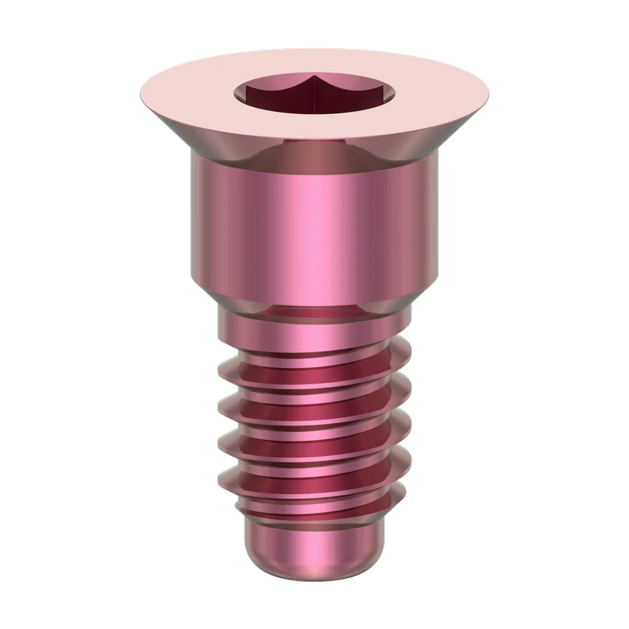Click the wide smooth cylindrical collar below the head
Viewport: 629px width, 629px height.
[314, 224]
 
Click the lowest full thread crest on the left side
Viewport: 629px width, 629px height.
[222, 479]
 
